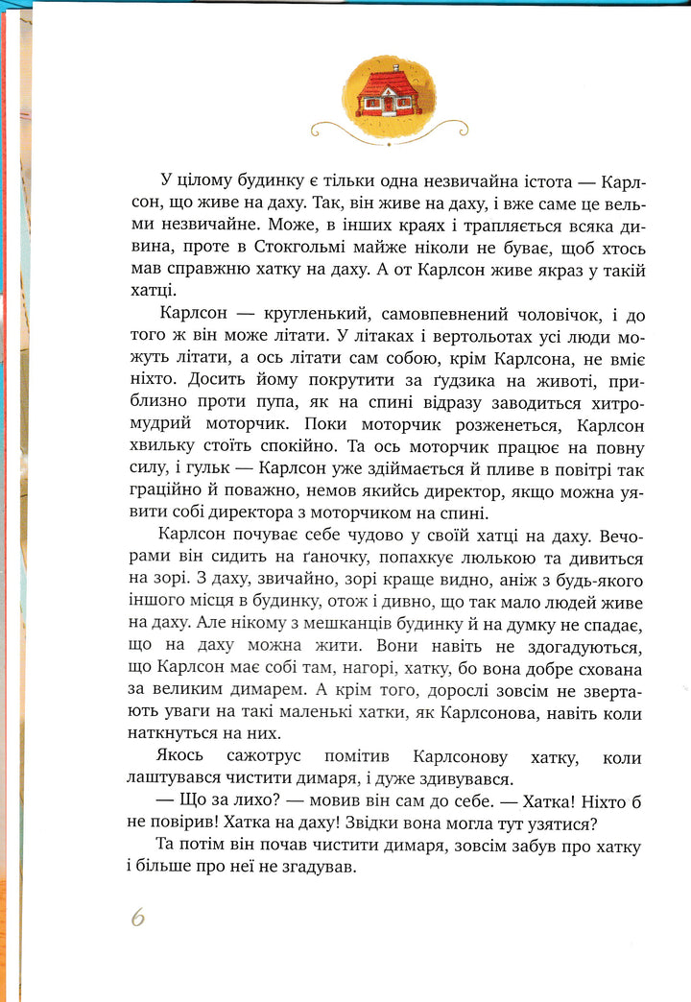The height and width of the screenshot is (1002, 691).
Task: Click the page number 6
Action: pos(138,917)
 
